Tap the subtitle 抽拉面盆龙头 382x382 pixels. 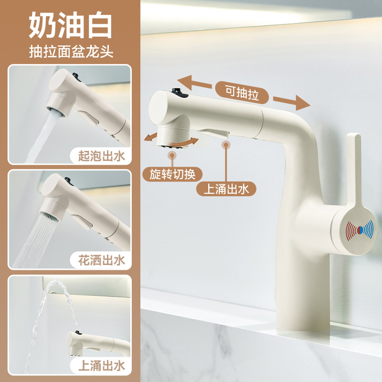70,52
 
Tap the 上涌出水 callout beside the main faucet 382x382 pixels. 226,189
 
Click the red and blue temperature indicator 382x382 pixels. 358,229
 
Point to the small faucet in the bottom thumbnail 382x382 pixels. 98,341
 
